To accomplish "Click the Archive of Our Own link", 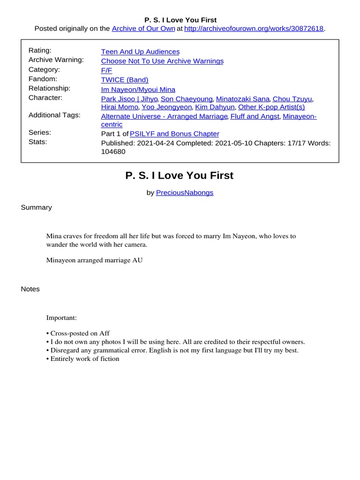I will point(143,29).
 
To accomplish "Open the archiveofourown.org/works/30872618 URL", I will point(254,29).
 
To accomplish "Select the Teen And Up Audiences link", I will point(140,52).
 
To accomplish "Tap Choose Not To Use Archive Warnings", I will point(162,61).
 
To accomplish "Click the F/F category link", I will point(106,70).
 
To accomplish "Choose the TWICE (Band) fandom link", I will point(125,80).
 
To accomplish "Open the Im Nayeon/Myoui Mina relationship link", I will point(138,90).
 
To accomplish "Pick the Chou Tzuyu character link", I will point(292,99).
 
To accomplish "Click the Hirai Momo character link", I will point(120,107).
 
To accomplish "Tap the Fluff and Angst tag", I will point(255,116).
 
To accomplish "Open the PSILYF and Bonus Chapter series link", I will point(174,134).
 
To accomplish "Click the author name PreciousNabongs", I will point(185,193).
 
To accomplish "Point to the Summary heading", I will point(37,207).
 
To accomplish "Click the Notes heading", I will point(30,289).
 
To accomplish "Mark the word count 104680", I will point(113,151).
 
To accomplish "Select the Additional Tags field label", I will point(54,115).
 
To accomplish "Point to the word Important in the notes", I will point(61,318).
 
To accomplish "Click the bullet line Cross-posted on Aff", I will point(80,333).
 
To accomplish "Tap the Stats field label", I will point(38,141).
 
